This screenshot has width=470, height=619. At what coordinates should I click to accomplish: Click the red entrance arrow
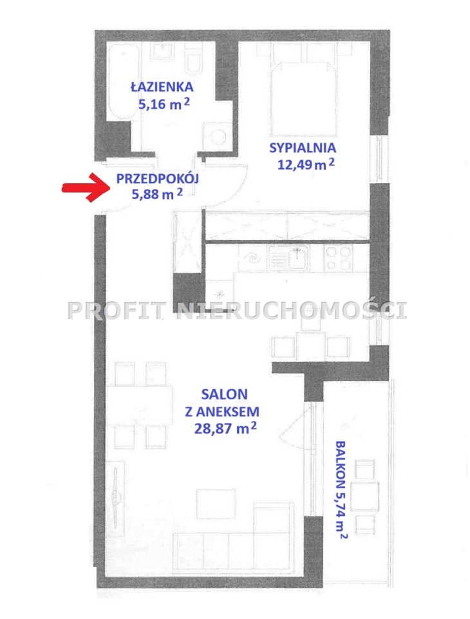click(86, 188)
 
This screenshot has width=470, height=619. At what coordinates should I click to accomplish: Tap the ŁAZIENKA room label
click(162, 86)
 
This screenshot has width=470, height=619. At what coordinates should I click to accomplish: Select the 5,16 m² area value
click(164, 103)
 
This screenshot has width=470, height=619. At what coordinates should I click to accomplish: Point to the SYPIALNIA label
click(303, 148)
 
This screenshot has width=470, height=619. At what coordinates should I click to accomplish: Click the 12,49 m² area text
click(306, 163)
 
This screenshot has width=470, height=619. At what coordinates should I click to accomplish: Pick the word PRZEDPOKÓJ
click(157, 179)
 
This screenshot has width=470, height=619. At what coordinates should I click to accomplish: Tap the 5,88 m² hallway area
click(157, 194)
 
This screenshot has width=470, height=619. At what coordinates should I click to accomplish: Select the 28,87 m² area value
click(225, 428)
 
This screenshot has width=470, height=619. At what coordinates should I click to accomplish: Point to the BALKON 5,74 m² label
click(341, 489)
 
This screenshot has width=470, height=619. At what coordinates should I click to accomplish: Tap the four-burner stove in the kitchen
click(338, 258)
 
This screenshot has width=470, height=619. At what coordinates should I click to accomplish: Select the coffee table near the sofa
click(216, 504)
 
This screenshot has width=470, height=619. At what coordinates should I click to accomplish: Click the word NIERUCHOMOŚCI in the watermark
click(291, 310)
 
